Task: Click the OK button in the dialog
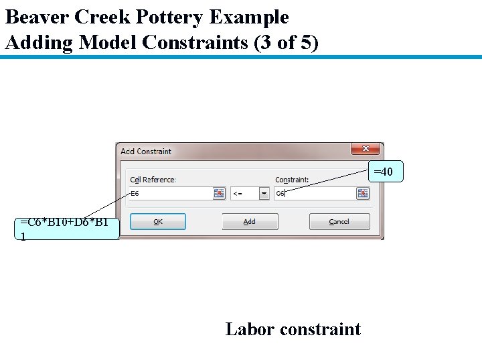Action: pyautogui.click(x=157, y=222)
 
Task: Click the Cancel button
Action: pyautogui.click(x=339, y=222)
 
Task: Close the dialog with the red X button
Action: pyautogui.click(x=366, y=149)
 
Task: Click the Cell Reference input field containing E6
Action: pyautogui.click(x=170, y=194)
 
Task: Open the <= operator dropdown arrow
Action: pyautogui.click(x=264, y=194)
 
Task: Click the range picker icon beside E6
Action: pyautogui.click(x=218, y=194)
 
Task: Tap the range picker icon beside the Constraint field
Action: pyautogui.click(x=362, y=194)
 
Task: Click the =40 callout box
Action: pyautogui.click(x=384, y=173)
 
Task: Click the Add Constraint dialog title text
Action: pyautogui.click(x=146, y=152)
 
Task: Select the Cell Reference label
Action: pyautogui.click(x=153, y=180)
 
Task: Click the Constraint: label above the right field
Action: pyautogui.click(x=292, y=180)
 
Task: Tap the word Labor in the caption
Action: pyautogui.click(x=249, y=329)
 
